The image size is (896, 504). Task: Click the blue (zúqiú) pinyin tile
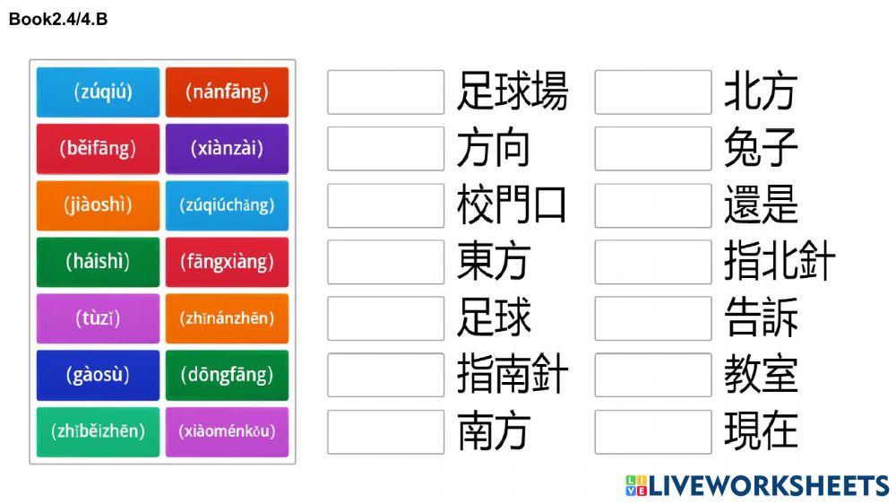click(x=98, y=91)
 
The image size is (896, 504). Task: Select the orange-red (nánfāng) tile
click(x=227, y=91)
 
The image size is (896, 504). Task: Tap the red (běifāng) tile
click(x=98, y=148)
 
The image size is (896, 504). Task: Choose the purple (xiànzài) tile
click(x=227, y=148)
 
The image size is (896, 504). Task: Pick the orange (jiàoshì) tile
click(x=98, y=204)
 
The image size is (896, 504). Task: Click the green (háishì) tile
click(x=98, y=261)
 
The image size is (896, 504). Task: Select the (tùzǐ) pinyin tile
click(x=98, y=317)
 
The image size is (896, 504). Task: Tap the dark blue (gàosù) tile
click(x=98, y=374)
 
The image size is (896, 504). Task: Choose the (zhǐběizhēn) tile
click(x=98, y=431)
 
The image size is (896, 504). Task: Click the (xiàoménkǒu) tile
click(x=227, y=431)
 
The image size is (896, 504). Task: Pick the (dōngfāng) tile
click(x=227, y=374)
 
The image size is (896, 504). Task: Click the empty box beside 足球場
click(x=385, y=92)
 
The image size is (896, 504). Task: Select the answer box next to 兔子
click(x=652, y=149)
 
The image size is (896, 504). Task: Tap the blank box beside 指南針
click(x=385, y=375)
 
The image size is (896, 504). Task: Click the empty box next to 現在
click(x=652, y=431)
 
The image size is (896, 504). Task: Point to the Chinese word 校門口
click(x=512, y=205)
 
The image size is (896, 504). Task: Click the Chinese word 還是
click(x=761, y=205)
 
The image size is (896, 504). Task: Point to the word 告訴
click(x=761, y=318)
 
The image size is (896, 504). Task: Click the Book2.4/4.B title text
click(x=58, y=19)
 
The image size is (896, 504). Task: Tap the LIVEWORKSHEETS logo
click(x=757, y=486)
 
